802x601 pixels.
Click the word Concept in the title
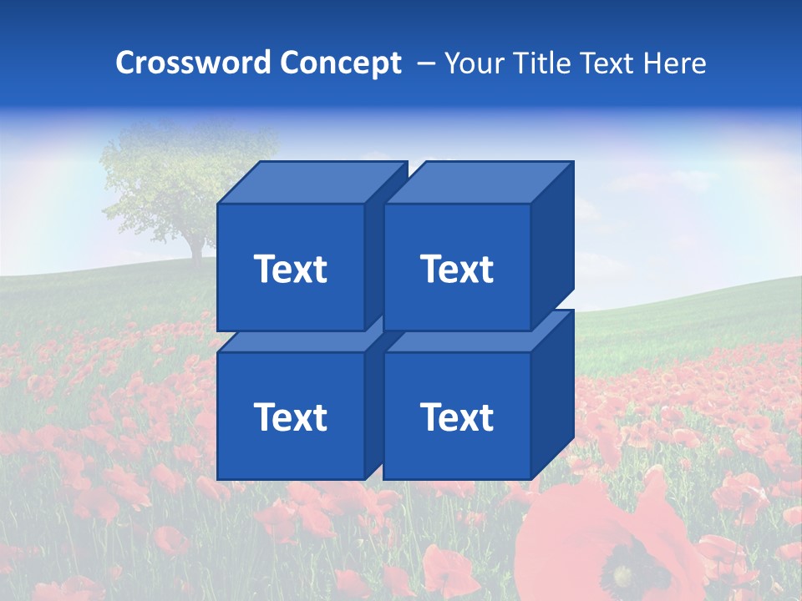pyautogui.click(x=340, y=63)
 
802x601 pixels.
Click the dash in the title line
pyautogui.click(x=424, y=63)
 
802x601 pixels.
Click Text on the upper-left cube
pyautogui.click(x=291, y=269)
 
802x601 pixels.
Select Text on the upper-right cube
pyautogui.click(x=457, y=269)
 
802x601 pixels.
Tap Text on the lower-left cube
pyautogui.click(x=291, y=417)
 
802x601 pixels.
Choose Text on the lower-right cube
pyautogui.click(x=457, y=417)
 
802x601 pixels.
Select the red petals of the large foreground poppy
pyautogui.click(x=568, y=534)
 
